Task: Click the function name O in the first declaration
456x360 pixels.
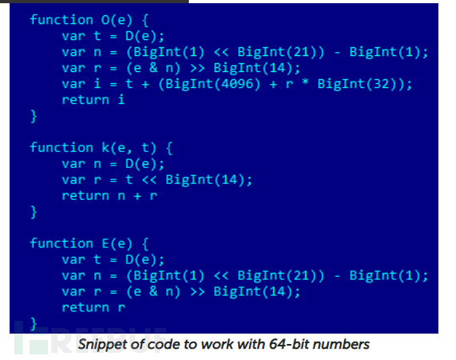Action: [105, 20]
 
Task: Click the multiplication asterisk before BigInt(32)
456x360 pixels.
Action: [305, 82]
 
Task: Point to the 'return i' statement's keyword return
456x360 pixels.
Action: [86, 100]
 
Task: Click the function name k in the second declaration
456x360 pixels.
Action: [105, 148]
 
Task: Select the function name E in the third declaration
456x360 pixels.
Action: [105, 243]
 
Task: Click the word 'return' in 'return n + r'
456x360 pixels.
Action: [86, 196]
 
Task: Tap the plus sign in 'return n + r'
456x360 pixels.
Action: [138, 196]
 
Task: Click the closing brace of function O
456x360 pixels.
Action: [34, 116]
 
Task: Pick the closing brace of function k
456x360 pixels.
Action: [34, 212]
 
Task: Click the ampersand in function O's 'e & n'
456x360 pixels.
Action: [154, 68]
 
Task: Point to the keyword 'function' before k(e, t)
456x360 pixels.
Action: [62, 147]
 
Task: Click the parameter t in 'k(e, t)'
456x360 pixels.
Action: [145, 148]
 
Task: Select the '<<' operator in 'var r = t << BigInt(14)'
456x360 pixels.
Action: [150, 180]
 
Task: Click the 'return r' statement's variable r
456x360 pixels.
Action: [122, 308]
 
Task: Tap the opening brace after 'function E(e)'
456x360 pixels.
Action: [146, 244]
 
